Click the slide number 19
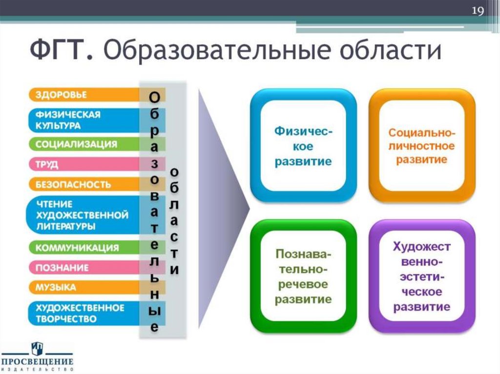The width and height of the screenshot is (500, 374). (x=477, y=11)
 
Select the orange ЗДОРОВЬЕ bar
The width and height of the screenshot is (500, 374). (x=83, y=95)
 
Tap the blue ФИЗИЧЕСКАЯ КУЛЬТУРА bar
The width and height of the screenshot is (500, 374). (x=83, y=120)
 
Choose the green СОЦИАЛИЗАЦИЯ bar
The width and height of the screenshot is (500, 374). (x=83, y=144)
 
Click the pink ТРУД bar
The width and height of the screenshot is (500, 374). (x=83, y=164)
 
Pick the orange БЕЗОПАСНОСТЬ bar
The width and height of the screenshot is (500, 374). (x=83, y=185)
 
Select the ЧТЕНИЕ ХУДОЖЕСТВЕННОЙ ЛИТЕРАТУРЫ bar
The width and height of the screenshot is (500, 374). (x=83, y=215)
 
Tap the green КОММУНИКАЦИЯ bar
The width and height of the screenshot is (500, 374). (x=83, y=248)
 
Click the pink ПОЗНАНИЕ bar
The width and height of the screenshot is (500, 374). (x=83, y=268)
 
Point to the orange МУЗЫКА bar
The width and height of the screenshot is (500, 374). (x=83, y=288)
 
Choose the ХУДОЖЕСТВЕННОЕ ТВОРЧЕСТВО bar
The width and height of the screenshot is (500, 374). (x=83, y=314)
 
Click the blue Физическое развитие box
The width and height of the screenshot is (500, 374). (x=303, y=146)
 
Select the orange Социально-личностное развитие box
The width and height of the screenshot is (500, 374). (x=422, y=146)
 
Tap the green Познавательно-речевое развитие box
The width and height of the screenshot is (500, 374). (x=303, y=276)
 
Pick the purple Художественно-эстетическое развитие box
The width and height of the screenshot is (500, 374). (x=422, y=276)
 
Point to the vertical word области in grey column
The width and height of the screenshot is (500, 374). (x=174, y=221)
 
